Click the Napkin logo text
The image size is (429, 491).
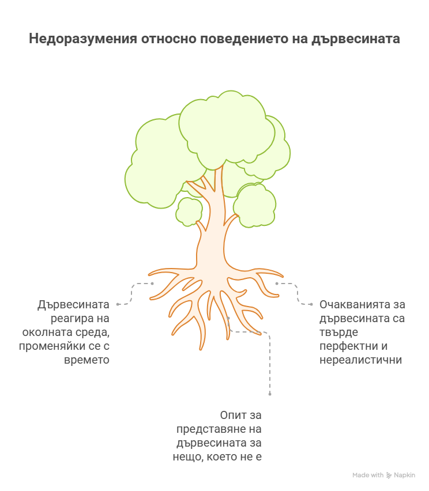[404, 475]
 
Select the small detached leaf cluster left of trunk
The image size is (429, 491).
[189, 211]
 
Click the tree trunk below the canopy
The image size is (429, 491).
[212, 242]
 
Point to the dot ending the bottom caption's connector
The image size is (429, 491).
[270, 394]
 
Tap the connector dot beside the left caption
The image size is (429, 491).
[118, 304]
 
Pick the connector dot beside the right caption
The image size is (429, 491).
[312, 304]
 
